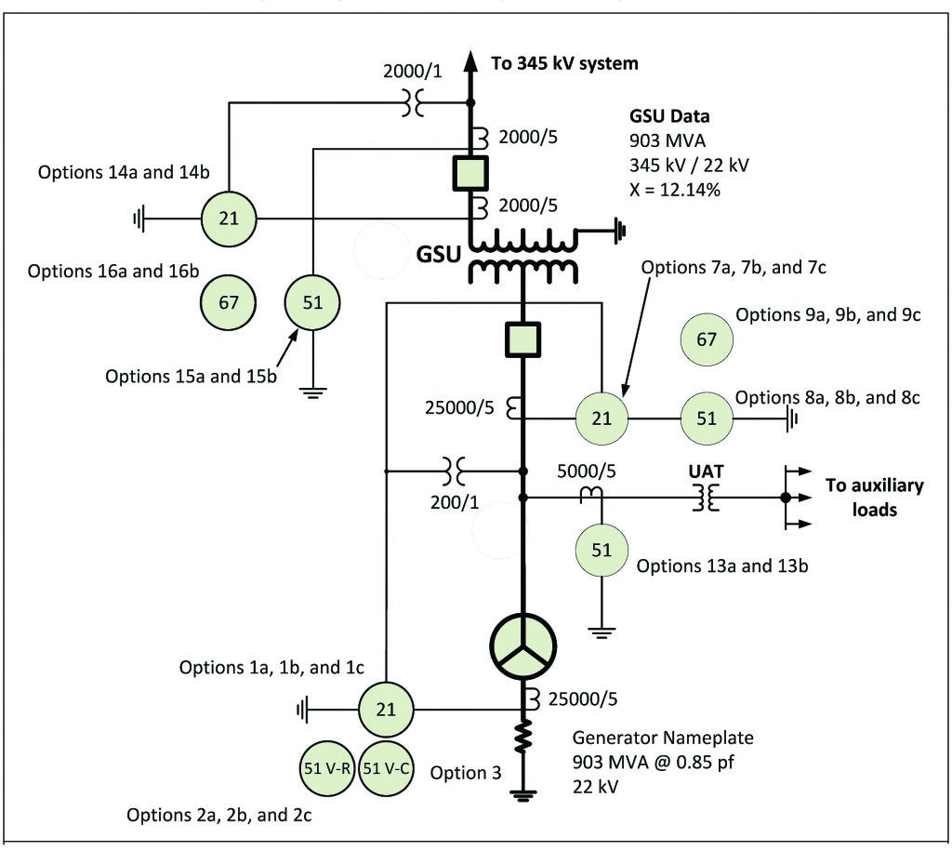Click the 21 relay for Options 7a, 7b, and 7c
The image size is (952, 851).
tap(602, 419)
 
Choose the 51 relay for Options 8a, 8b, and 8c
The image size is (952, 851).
tap(707, 419)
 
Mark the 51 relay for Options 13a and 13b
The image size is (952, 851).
tap(602, 550)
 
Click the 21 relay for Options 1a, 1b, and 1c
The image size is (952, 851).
tap(385, 710)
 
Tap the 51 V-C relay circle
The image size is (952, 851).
tap(385, 768)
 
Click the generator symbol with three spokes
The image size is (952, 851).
tap(522, 644)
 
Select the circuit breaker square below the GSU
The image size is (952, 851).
tap(522, 339)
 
